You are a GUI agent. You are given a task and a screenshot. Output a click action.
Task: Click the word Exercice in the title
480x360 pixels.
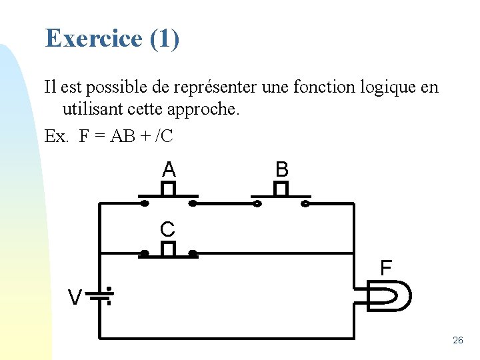click(x=93, y=39)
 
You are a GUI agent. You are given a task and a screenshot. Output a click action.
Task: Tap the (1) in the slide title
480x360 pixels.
click(x=164, y=39)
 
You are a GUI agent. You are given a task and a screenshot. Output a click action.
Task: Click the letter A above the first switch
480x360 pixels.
click(x=169, y=170)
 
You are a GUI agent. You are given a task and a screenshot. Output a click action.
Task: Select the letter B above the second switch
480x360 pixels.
click(x=282, y=170)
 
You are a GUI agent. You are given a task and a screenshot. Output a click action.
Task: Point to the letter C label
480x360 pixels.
click(x=167, y=229)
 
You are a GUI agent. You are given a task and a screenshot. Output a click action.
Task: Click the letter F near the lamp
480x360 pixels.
click(x=385, y=269)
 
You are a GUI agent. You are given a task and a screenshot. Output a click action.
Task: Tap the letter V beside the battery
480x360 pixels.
click(x=75, y=297)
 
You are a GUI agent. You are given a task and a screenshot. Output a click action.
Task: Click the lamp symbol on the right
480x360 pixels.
click(x=389, y=296)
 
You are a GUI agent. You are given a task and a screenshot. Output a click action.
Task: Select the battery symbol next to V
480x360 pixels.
click(x=102, y=296)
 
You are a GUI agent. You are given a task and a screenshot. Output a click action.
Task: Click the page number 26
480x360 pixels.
click(x=457, y=341)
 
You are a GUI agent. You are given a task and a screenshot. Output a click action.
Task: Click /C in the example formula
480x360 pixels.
click(x=163, y=137)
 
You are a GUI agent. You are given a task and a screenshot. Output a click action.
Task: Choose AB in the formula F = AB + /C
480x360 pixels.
click(x=122, y=137)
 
